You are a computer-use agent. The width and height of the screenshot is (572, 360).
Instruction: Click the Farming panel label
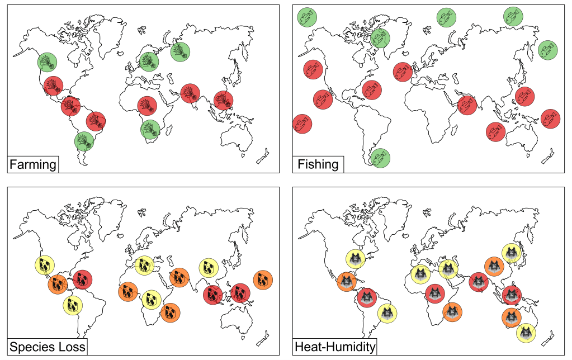32,164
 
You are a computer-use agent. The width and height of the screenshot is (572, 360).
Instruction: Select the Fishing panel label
318,164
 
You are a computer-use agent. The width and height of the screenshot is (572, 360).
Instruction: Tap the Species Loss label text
47,347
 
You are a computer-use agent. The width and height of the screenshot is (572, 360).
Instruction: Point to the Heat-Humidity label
335,347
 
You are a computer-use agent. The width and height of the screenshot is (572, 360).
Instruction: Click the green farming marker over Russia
180,52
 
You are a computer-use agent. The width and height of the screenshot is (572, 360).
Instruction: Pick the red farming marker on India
190,93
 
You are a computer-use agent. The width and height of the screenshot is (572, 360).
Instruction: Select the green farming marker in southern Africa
150,129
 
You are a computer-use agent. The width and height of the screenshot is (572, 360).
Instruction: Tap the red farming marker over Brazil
96,120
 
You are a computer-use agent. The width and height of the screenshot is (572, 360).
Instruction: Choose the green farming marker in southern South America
84,141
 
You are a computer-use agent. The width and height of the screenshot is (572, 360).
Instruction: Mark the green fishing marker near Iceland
380,39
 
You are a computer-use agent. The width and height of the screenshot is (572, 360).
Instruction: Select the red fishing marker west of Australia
495,131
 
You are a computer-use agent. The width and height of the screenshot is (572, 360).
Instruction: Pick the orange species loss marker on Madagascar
170,313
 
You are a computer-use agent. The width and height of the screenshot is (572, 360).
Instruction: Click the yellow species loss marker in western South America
73,305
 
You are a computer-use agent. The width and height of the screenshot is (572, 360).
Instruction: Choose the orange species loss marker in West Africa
127,291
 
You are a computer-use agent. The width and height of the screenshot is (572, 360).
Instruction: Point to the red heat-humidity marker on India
479,282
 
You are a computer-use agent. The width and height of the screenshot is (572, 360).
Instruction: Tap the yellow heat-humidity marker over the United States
355,258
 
